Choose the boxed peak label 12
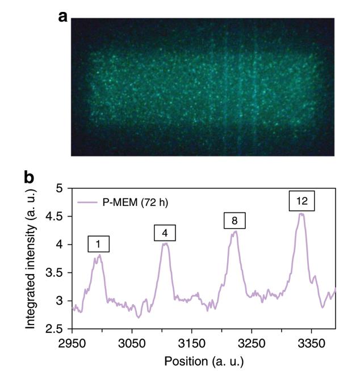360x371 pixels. point(302,201)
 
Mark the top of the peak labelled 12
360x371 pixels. point(302,214)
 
